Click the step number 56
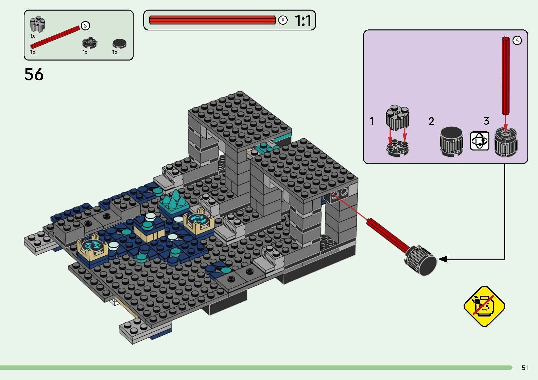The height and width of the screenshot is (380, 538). [x=34, y=74]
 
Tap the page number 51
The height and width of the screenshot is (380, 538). [x=524, y=368]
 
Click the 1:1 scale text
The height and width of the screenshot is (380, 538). [x=303, y=21]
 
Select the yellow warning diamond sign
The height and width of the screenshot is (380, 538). [x=484, y=306]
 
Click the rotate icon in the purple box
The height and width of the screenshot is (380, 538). [x=479, y=141]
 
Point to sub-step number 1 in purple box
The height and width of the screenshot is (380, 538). [x=372, y=121]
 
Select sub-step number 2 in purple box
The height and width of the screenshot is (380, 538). [x=431, y=121]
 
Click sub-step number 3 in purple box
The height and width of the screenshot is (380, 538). [x=486, y=121]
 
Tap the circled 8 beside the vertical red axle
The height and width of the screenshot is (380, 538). [x=517, y=41]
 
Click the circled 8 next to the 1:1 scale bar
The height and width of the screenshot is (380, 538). [x=282, y=21]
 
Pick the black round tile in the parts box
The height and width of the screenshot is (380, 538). [x=119, y=43]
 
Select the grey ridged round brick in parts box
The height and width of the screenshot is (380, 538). [x=37, y=25]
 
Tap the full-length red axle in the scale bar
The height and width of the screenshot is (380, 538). [x=212, y=20]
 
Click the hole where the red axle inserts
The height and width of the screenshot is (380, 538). [x=335, y=194]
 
